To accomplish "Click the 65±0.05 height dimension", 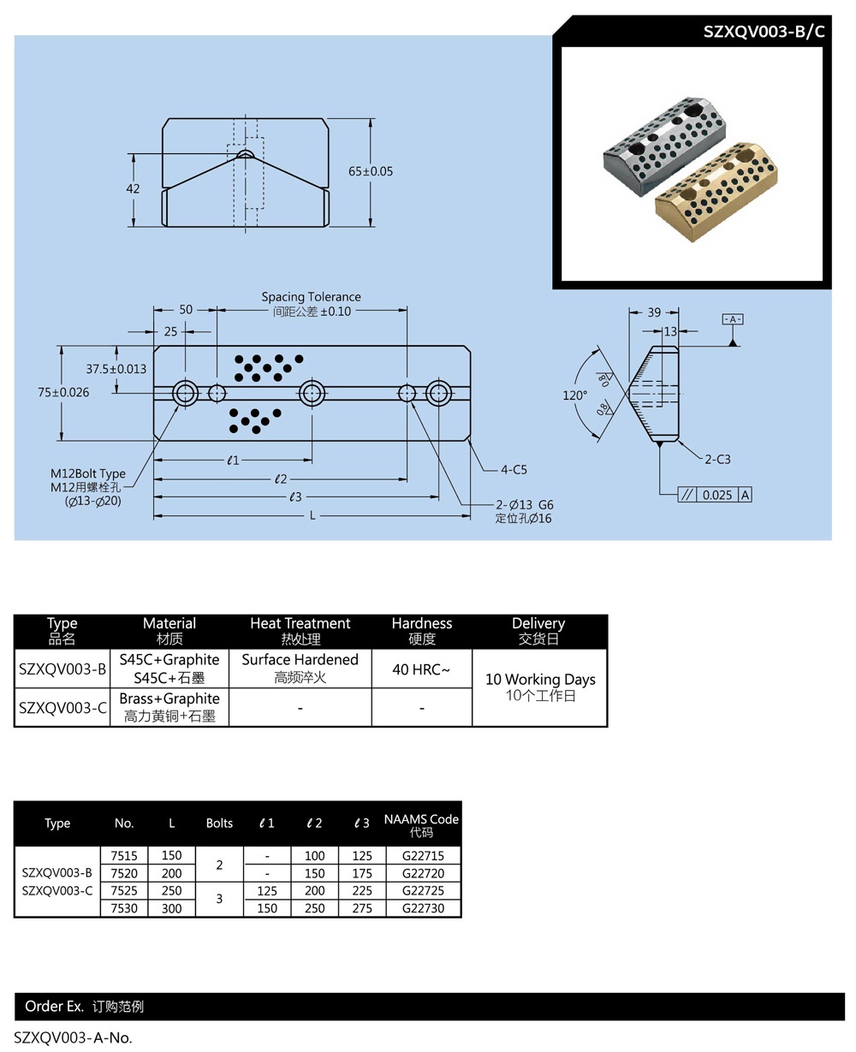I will pyautogui.click(x=371, y=171).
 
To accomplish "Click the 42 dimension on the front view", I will pyautogui.click(x=133, y=189).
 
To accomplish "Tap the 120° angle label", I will pyautogui.click(x=574, y=395).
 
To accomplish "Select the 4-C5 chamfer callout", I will pyautogui.click(x=514, y=469).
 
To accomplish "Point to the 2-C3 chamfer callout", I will pyautogui.click(x=717, y=460).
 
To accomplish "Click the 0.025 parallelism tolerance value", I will pyautogui.click(x=717, y=495).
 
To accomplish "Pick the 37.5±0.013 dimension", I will pyautogui.click(x=116, y=369).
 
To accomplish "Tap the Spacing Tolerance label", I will pyautogui.click(x=312, y=297).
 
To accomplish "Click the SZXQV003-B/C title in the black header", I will pyautogui.click(x=764, y=32).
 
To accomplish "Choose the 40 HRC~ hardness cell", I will pyautogui.click(x=421, y=669).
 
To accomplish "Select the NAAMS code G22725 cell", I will pyautogui.click(x=421, y=891).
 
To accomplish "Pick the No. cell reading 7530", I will pyautogui.click(x=124, y=908).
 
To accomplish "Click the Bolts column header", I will pyautogui.click(x=219, y=823).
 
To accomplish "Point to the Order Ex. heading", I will pyautogui.click(x=54, y=1007).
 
